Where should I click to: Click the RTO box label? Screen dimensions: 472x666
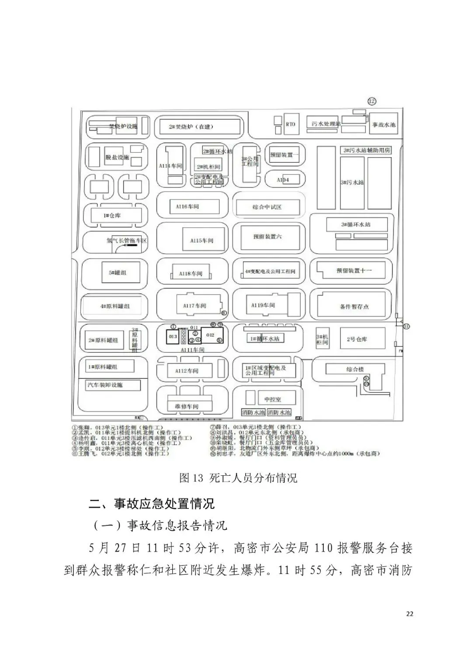pyautogui.click(x=290, y=124)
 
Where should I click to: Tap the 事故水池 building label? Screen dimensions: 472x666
pyautogui.click(x=383, y=125)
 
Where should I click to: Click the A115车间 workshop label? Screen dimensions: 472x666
pyautogui.click(x=201, y=240)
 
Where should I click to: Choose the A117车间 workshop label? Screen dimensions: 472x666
pyautogui.click(x=194, y=306)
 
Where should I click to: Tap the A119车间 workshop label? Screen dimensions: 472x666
pyautogui.click(x=263, y=305)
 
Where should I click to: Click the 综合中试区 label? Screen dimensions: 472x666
pyautogui.click(x=267, y=207)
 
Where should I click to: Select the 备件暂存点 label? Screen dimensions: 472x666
pyautogui.click(x=354, y=306)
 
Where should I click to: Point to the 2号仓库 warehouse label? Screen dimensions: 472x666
pyautogui.click(x=357, y=339)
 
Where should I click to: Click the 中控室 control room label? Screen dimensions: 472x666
pyautogui.click(x=273, y=399)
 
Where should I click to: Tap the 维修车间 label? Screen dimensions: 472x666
pyautogui.click(x=187, y=406)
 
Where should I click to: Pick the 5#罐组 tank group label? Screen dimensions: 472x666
pyautogui.click(x=118, y=272)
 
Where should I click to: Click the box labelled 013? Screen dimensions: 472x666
pyautogui.click(x=173, y=336)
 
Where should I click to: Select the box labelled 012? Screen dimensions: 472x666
pyautogui.click(x=210, y=335)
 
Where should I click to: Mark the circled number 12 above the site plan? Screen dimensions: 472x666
pyautogui.click(x=371, y=102)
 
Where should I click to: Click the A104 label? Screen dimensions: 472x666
pyautogui.click(x=283, y=179)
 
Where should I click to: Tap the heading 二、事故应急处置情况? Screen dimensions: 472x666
pyautogui.click(x=152, y=504)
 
